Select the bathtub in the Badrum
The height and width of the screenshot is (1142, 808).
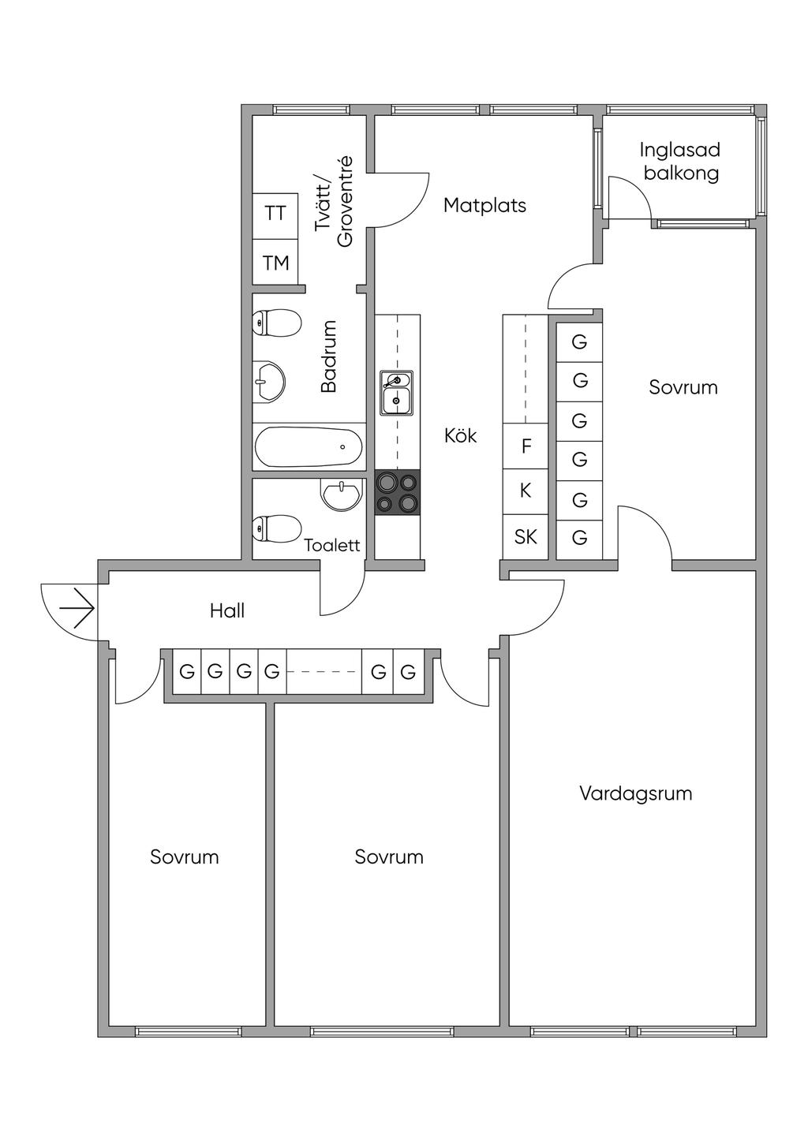click(309, 447)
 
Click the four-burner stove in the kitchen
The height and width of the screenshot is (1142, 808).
click(398, 492)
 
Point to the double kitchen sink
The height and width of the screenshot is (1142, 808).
click(396, 393)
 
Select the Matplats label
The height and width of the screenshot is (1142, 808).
click(484, 206)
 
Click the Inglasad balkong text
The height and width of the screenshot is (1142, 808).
click(680, 162)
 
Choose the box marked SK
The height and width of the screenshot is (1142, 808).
click(526, 537)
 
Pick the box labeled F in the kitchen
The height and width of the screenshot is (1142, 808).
click(526, 446)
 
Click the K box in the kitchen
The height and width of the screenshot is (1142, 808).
click(526, 491)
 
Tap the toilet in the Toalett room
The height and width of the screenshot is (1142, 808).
click(276, 528)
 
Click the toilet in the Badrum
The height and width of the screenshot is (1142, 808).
click(276, 323)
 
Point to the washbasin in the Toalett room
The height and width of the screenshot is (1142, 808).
click(342, 494)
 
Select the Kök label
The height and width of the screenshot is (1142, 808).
click(461, 436)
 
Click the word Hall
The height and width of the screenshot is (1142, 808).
click(227, 610)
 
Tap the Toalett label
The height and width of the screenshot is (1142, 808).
click(332, 546)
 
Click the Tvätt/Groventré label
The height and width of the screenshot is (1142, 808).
click(334, 202)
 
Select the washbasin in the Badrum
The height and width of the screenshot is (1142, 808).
click(269, 381)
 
